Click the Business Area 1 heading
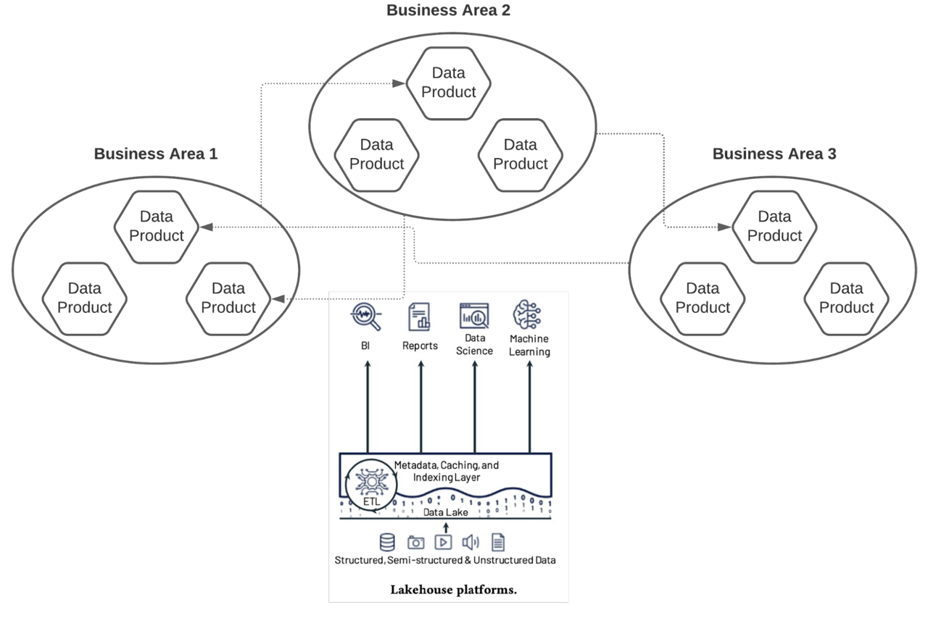point(156,154)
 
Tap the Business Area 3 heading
point(774,154)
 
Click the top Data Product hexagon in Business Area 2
point(448,83)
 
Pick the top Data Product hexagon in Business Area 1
point(157,226)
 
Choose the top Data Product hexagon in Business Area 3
point(774,226)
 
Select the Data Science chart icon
point(474,316)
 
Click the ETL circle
point(370,487)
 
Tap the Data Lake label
point(446,512)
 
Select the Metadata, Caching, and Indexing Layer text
point(446,471)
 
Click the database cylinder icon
point(387,542)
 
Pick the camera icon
point(415,542)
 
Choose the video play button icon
point(443,542)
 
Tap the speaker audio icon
point(471,542)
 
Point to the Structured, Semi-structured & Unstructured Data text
point(445,560)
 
